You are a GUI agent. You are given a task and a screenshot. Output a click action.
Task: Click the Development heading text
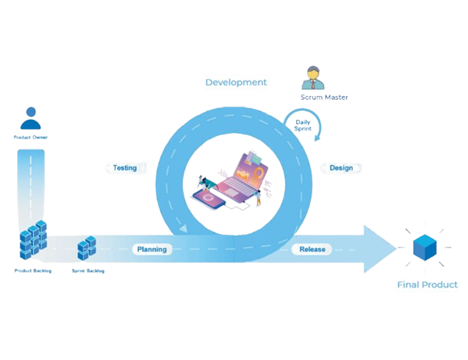click(x=236, y=82)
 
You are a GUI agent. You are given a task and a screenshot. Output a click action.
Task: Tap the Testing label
click(x=125, y=168)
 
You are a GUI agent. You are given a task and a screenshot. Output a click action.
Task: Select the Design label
click(x=341, y=168)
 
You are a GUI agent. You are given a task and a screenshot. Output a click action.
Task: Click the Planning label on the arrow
click(x=152, y=249)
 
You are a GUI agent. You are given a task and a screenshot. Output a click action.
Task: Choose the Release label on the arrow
click(x=312, y=249)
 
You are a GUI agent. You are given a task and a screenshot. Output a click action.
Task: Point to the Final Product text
click(x=427, y=285)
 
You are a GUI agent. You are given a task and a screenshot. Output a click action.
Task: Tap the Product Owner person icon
click(x=31, y=120)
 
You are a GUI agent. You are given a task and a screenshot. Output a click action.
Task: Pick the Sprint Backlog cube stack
click(x=87, y=248)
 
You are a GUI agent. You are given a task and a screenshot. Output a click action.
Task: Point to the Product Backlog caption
click(x=33, y=270)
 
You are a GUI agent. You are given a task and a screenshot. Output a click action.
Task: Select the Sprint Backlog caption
click(x=88, y=270)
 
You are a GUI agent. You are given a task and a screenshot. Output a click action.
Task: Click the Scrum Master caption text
click(x=324, y=97)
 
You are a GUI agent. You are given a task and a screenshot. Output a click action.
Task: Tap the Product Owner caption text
click(x=31, y=138)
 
